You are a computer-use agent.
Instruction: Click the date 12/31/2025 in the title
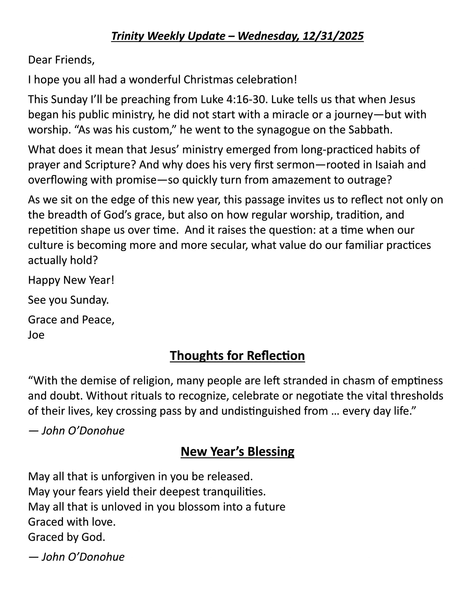(x=333, y=36)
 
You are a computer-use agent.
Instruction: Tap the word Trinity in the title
(x=127, y=36)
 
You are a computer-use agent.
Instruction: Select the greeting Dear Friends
(x=61, y=60)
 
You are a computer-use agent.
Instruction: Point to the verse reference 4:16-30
(x=246, y=99)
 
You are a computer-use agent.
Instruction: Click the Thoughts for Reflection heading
(x=237, y=356)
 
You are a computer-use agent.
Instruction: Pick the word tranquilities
(x=234, y=492)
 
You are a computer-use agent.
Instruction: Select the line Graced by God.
(x=67, y=537)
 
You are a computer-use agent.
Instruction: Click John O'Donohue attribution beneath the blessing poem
(x=83, y=557)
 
